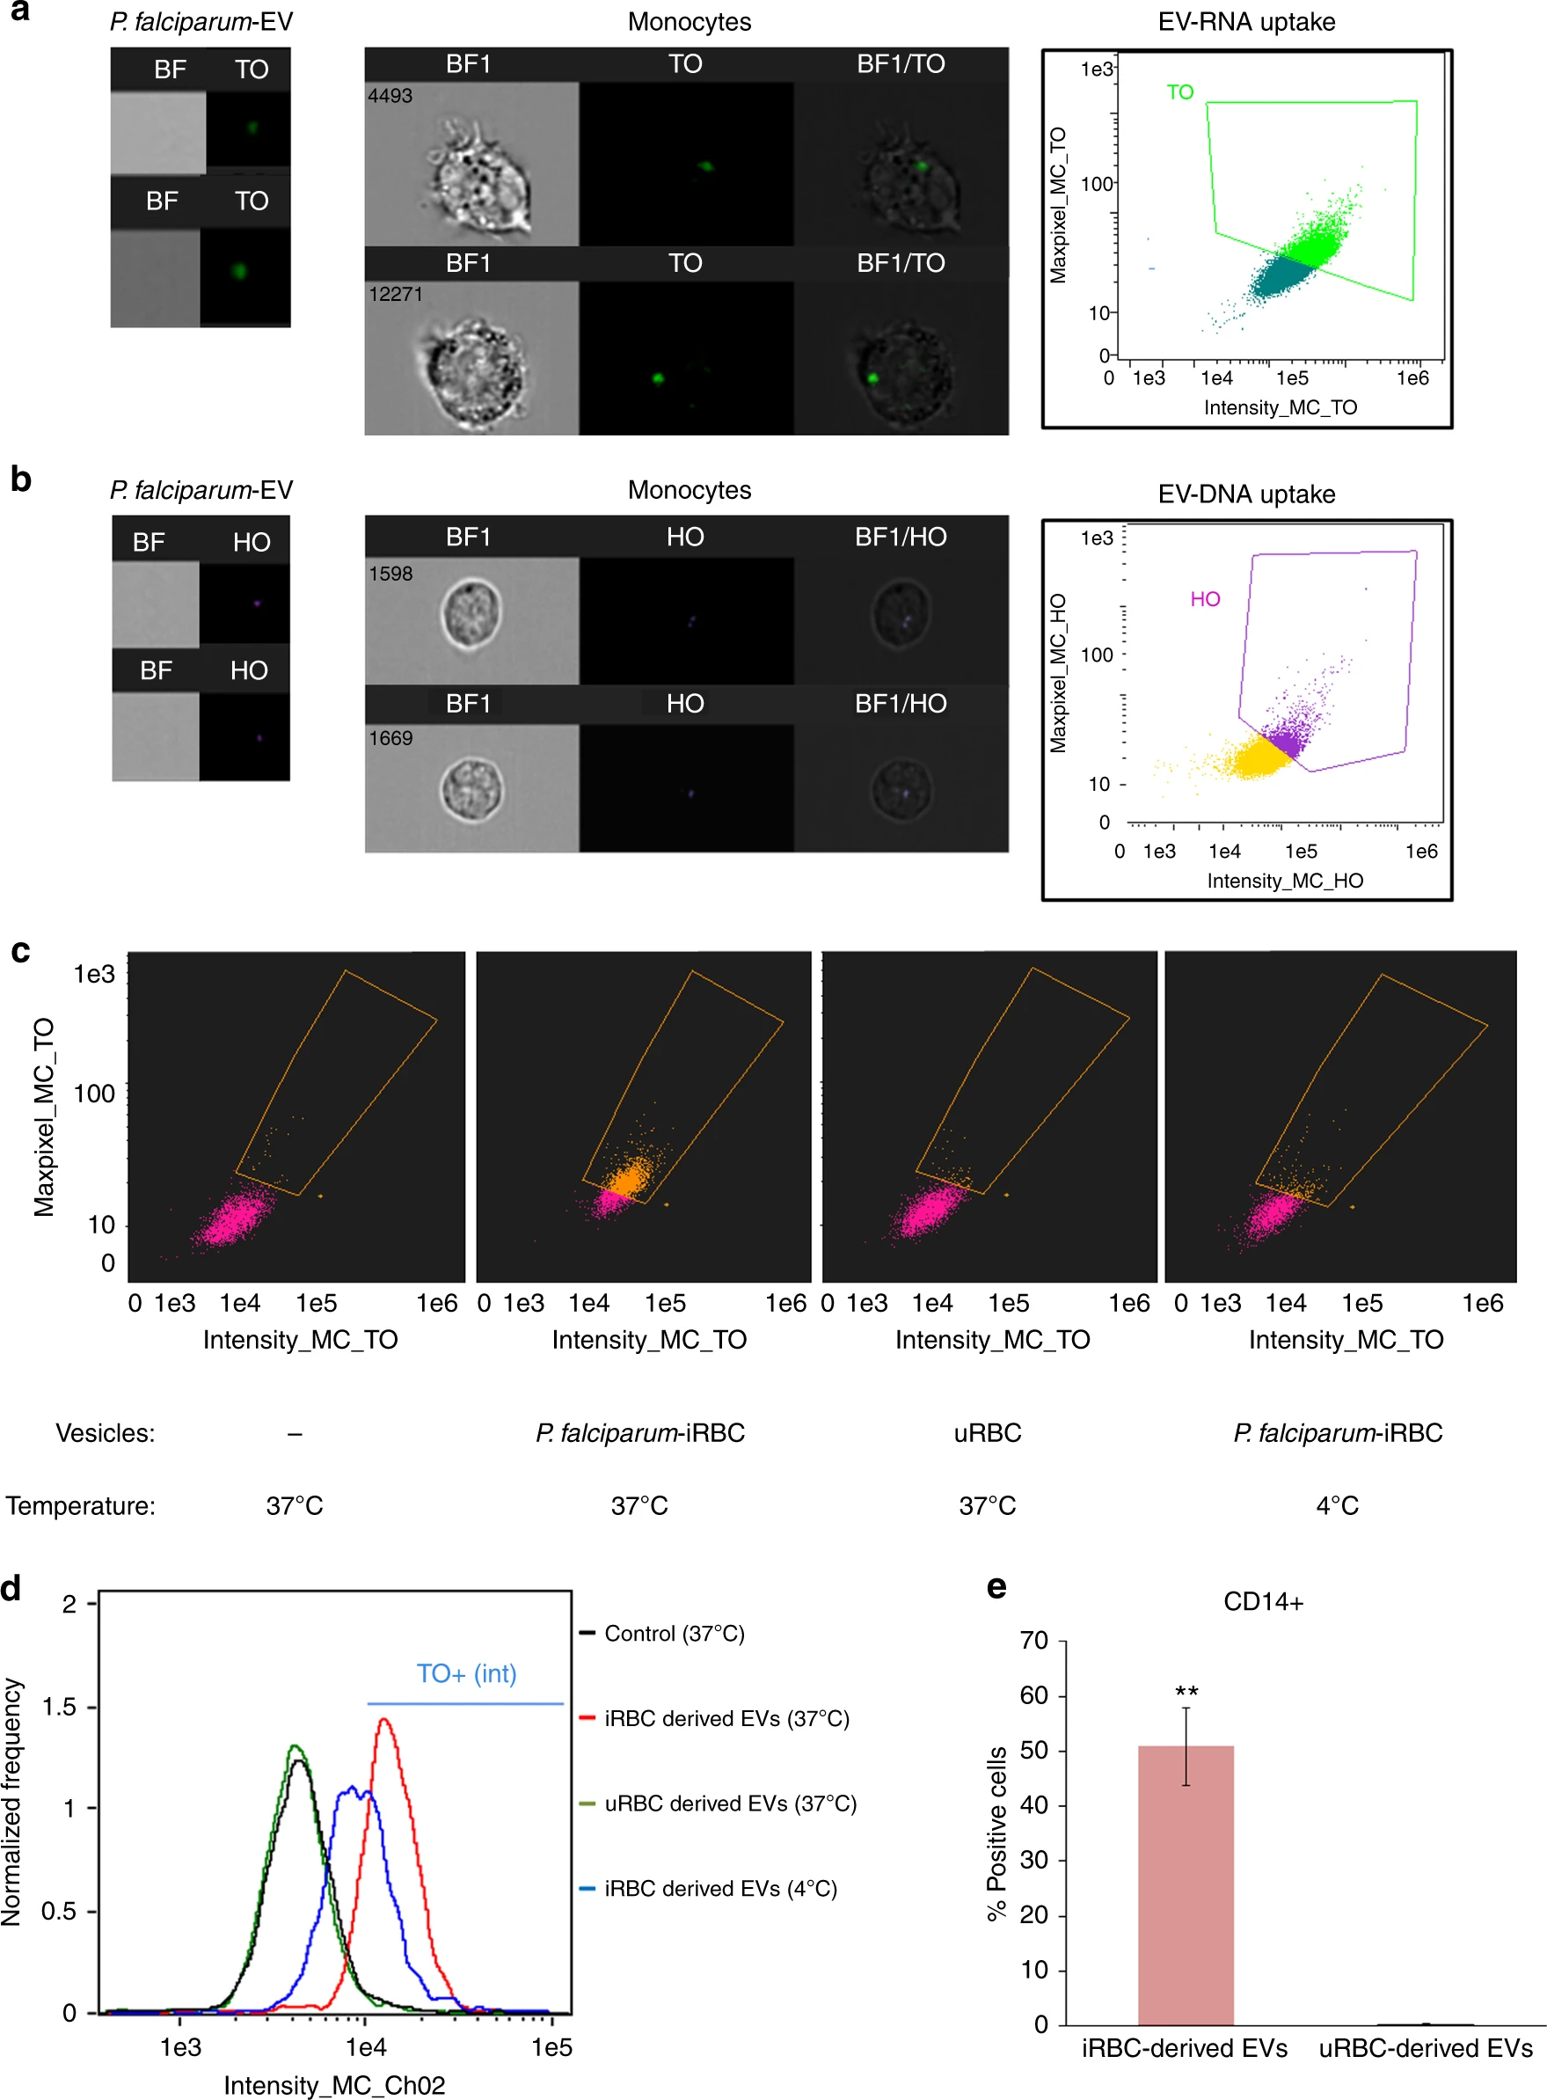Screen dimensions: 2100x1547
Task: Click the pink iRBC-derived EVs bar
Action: pyautogui.click(x=1185, y=1884)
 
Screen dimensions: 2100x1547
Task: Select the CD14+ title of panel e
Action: pyautogui.click(x=1262, y=1602)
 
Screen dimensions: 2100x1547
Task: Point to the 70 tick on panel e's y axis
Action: pyautogui.click(x=1034, y=1641)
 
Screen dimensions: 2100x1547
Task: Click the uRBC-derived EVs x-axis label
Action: pyautogui.click(x=1425, y=2048)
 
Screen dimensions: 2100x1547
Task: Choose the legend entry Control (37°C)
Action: pyautogui.click(x=674, y=1634)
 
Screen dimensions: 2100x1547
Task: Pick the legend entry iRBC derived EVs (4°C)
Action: pyautogui.click(x=719, y=1888)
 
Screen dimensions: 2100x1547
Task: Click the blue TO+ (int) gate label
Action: pyautogui.click(x=466, y=1674)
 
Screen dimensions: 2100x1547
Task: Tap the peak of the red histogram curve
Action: pyautogui.click(x=384, y=1721)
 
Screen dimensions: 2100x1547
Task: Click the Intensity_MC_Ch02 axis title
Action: pyautogui.click(x=334, y=2085)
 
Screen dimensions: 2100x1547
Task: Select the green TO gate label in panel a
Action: pyautogui.click(x=1180, y=91)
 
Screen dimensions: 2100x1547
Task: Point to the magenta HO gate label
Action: pyautogui.click(x=1205, y=599)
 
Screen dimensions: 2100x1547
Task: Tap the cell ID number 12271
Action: pyautogui.click(x=395, y=294)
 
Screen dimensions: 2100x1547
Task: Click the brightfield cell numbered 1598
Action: pyautogui.click(x=471, y=614)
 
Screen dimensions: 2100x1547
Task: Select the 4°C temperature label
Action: pyautogui.click(x=1336, y=1506)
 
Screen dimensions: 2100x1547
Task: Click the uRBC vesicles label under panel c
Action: pyautogui.click(x=987, y=1433)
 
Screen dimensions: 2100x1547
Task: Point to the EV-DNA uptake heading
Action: pyautogui.click(x=1246, y=494)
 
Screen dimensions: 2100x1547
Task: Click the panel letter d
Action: pyautogui.click(x=11, y=1589)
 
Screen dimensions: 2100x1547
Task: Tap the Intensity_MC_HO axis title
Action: pyautogui.click(x=1285, y=881)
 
